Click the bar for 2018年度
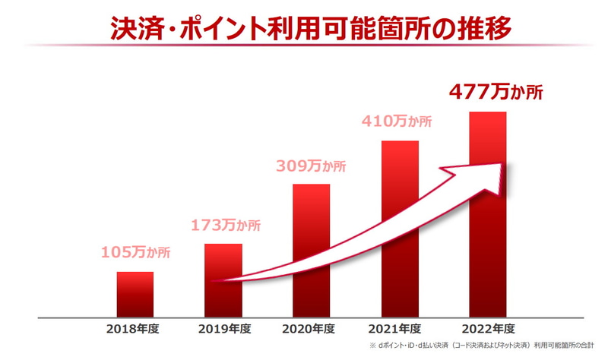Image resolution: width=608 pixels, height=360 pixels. (x=135, y=294)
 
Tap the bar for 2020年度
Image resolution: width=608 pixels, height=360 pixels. (x=312, y=251)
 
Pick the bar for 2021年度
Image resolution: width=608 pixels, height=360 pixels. (x=400, y=228)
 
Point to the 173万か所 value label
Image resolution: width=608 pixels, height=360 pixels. (x=224, y=225)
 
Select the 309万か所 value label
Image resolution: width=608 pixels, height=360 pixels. (x=312, y=166)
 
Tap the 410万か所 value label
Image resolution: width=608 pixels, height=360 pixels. (x=399, y=122)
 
